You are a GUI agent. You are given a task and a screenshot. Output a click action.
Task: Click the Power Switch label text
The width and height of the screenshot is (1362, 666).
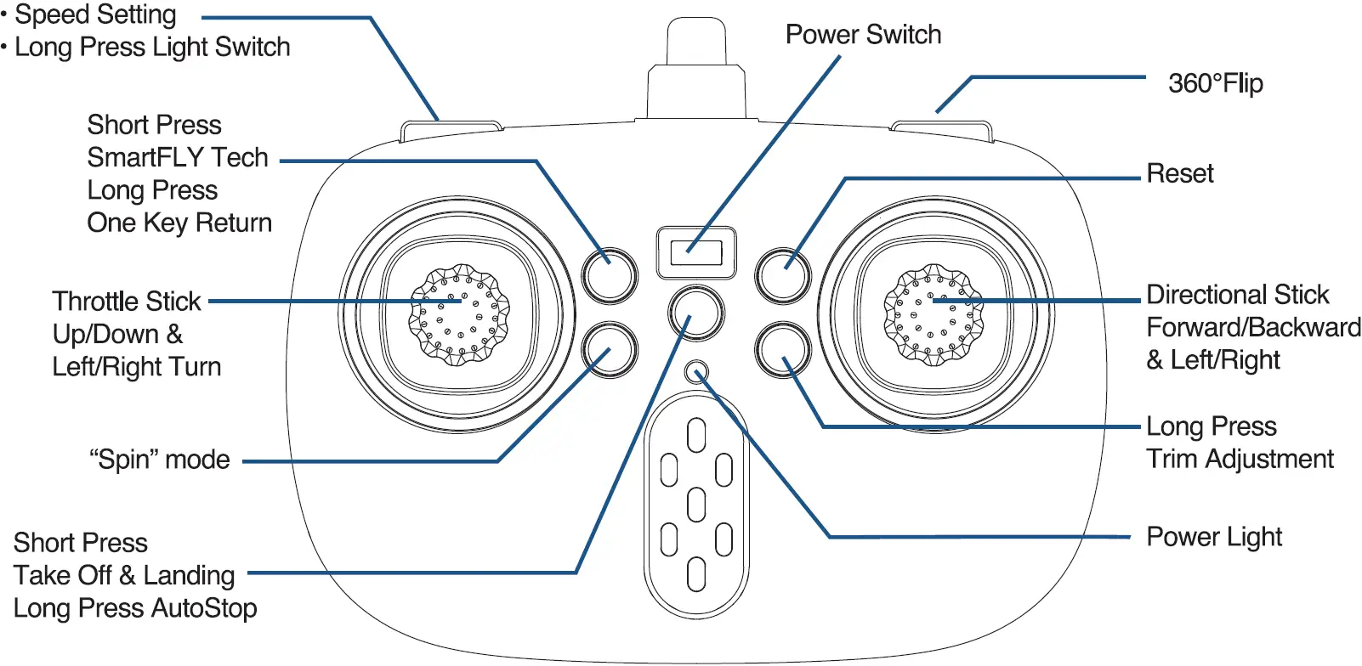[x=863, y=35]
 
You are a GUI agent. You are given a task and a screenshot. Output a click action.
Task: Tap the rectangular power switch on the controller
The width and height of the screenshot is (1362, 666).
[x=695, y=252]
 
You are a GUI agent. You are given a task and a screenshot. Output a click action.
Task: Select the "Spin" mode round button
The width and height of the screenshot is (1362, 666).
[x=610, y=350]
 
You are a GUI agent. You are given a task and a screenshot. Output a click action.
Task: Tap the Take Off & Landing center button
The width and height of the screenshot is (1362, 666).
[x=695, y=313]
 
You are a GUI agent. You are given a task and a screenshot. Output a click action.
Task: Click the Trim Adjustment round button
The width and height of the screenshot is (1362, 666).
[x=782, y=350]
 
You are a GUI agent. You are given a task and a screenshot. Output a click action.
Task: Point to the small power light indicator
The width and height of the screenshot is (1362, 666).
[x=696, y=373]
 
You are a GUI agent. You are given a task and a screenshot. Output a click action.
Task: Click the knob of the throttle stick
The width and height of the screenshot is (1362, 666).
[x=459, y=313]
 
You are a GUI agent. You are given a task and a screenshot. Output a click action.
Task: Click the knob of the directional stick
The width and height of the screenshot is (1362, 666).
[x=933, y=313]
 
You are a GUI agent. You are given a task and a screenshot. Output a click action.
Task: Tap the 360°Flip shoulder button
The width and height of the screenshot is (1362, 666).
[x=942, y=129]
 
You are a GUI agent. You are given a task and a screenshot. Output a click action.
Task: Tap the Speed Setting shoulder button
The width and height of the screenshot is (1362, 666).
[x=451, y=129]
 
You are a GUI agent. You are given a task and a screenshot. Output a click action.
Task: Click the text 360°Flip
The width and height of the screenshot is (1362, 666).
[x=1215, y=83]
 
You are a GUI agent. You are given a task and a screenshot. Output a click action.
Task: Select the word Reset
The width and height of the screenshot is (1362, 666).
[x=1179, y=173]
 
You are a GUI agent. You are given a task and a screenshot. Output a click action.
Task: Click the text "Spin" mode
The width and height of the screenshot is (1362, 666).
[x=160, y=460]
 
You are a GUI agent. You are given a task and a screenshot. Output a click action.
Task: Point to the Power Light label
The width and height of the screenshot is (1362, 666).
[x=1213, y=537]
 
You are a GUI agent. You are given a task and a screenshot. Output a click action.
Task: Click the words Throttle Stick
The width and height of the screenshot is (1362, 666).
[x=127, y=302]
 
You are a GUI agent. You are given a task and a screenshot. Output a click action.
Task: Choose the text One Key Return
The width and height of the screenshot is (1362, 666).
[x=179, y=223]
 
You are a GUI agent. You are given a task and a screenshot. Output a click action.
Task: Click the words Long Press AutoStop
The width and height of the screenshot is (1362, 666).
[x=135, y=608]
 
